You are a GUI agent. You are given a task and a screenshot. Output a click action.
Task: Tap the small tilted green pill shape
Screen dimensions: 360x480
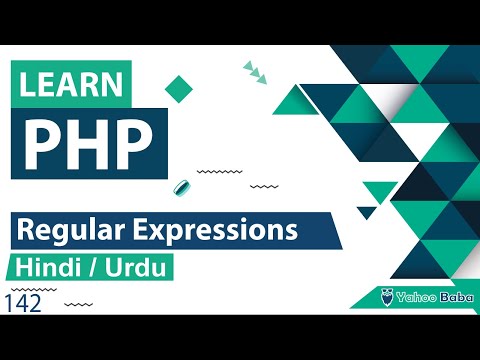183,187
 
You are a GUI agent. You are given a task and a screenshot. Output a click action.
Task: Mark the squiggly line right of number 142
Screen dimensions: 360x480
84,302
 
